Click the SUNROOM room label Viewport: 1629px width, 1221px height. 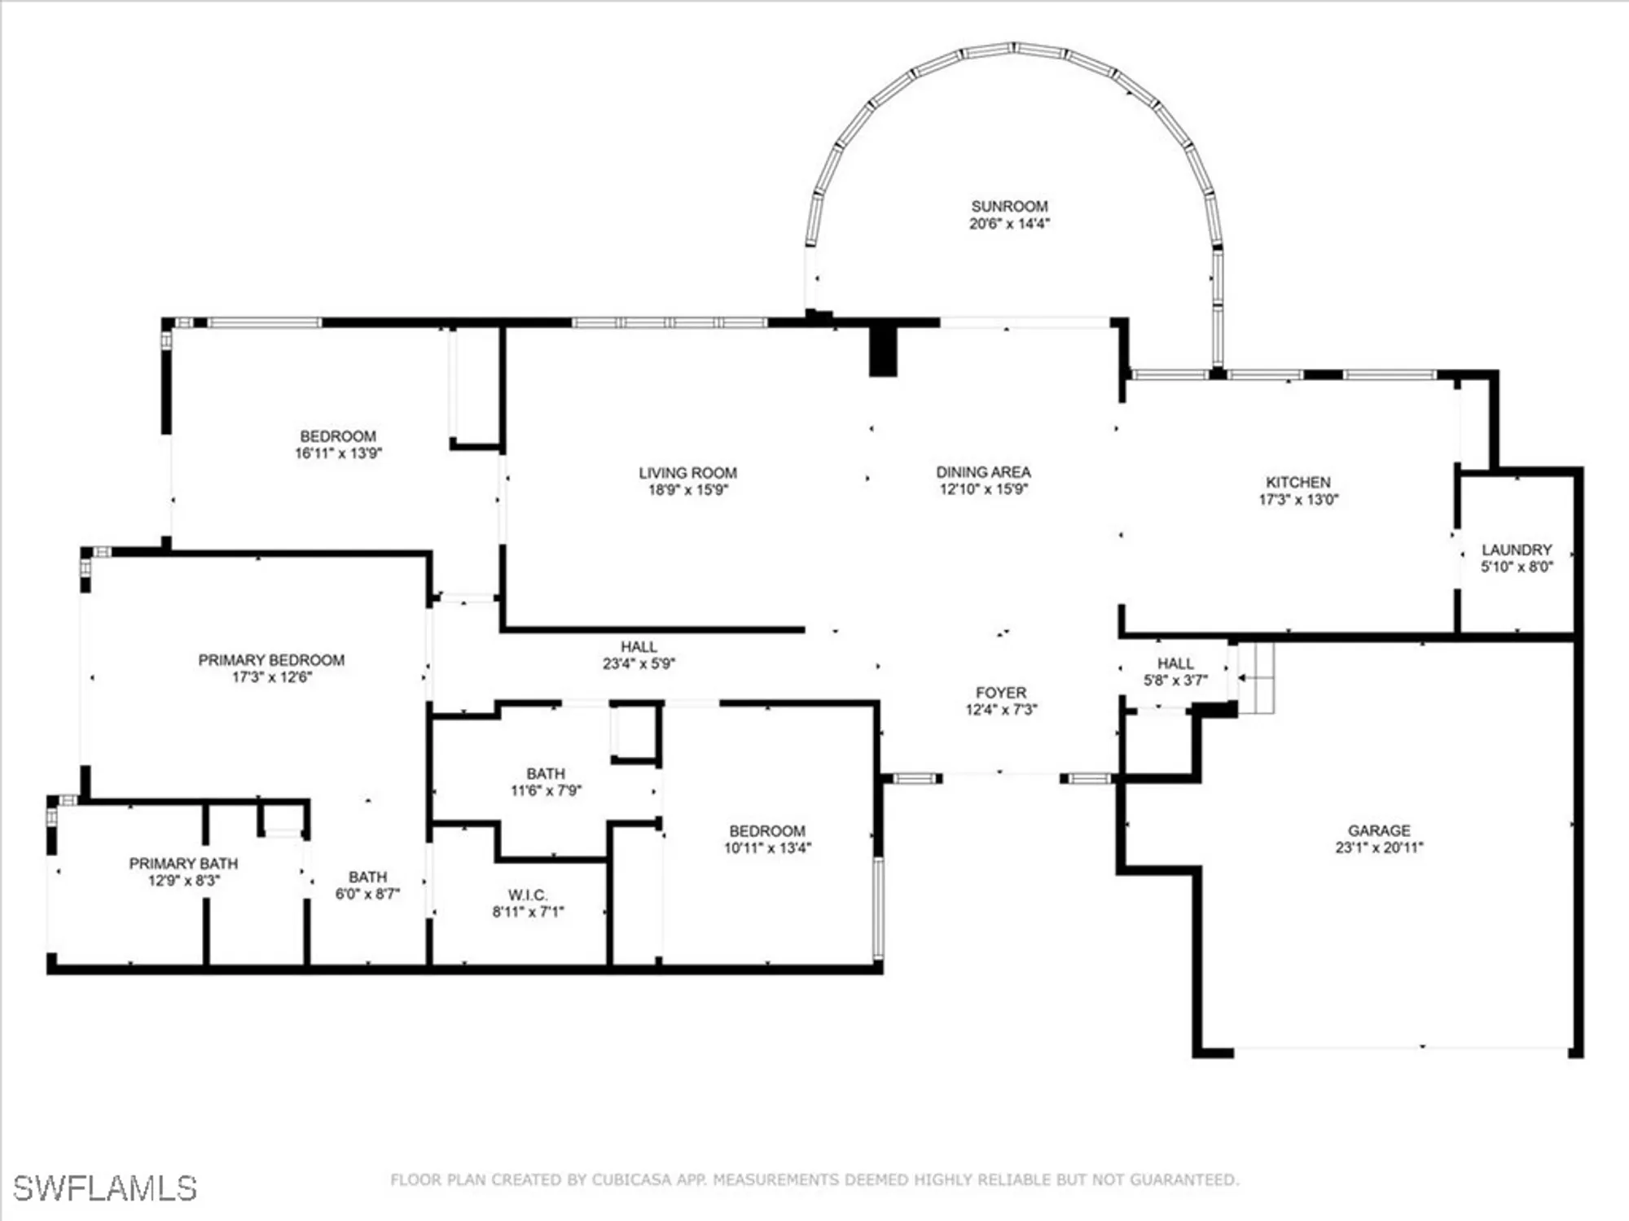click(x=1009, y=207)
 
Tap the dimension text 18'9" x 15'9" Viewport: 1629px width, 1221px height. click(x=687, y=490)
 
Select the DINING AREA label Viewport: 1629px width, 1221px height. click(x=983, y=472)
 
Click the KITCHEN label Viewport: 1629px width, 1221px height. click(x=1298, y=483)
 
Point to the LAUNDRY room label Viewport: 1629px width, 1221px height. click(x=1517, y=550)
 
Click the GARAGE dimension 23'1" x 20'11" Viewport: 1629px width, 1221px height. click(x=1379, y=847)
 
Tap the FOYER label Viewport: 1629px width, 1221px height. click(x=1001, y=693)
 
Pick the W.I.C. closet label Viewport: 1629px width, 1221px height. click(x=528, y=895)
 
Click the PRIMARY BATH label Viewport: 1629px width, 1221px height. click(x=183, y=864)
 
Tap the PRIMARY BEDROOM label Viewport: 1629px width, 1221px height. click(x=271, y=660)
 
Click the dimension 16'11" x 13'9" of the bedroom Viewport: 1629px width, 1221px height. click(x=338, y=453)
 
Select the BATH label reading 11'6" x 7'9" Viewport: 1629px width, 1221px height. click(x=545, y=774)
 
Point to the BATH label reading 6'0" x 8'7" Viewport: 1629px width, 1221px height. click(x=367, y=877)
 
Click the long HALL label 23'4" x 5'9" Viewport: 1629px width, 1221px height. click(x=639, y=647)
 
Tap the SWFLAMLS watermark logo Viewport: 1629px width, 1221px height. click(x=105, y=1188)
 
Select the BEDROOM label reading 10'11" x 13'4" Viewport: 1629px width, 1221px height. click(x=767, y=831)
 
